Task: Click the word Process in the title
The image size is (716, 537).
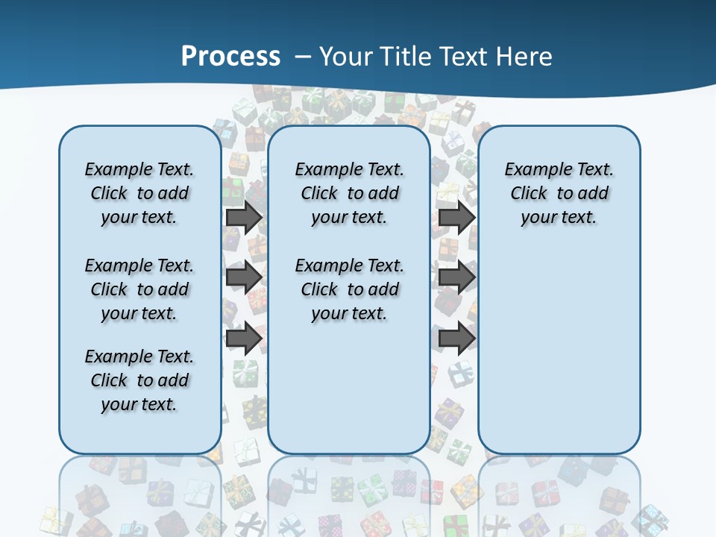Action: (x=230, y=57)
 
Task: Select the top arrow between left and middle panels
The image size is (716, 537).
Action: (x=244, y=218)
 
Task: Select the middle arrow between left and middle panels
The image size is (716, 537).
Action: (x=244, y=277)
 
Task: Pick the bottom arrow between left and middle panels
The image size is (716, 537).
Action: (x=244, y=339)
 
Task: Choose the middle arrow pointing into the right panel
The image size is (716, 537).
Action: (x=456, y=277)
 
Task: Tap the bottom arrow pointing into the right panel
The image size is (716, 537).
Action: (x=456, y=339)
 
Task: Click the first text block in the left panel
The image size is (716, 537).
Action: (x=139, y=193)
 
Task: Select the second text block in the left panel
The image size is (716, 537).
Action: (x=139, y=289)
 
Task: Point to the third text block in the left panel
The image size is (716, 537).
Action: (x=139, y=380)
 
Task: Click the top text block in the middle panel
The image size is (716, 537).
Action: (x=349, y=193)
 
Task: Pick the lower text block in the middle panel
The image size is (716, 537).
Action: (x=349, y=289)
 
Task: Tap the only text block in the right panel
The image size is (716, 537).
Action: (x=559, y=193)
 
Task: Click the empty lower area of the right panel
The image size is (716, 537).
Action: (x=559, y=351)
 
